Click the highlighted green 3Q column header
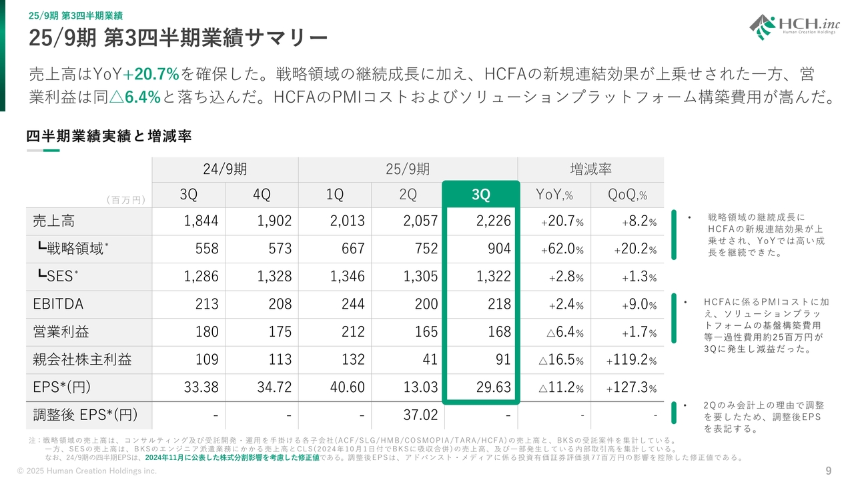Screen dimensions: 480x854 (x=480, y=194)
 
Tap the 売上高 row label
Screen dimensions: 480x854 (x=55, y=221)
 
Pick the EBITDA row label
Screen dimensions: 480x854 (x=58, y=304)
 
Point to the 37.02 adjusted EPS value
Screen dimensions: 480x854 (x=420, y=415)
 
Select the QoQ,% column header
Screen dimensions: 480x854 (x=627, y=194)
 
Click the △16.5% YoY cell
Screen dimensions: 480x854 (x=561, y=360)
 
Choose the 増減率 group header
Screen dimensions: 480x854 (x=590, y=169)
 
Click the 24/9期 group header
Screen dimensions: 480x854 (x=225, y=169)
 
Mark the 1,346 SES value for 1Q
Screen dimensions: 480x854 (x=347, y=277)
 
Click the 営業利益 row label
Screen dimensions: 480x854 (x=61, y=332)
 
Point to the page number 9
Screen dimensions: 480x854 (x=829, y=471)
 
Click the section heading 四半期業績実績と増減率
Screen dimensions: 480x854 (x=109, y=136)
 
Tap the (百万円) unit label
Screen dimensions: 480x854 (x=126, y=199)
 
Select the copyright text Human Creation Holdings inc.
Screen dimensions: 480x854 (x=86, y=471)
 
